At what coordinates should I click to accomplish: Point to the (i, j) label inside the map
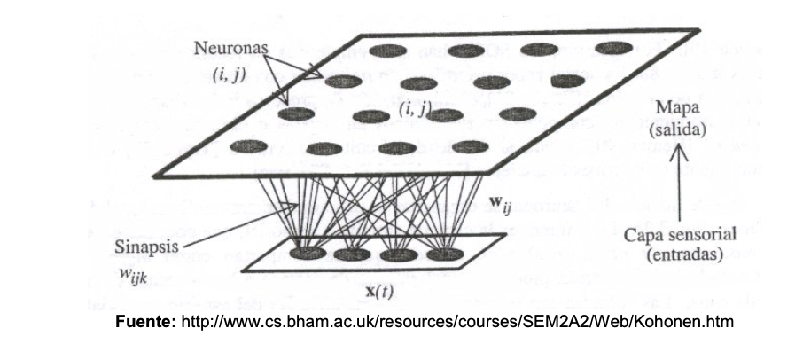coord(413,110)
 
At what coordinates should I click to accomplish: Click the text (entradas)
coord(676,256)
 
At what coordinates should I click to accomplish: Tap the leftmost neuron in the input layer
coord(308,254)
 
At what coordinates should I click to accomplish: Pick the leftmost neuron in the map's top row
coord(387,51)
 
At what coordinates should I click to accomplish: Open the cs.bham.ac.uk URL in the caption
coord(457,321)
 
